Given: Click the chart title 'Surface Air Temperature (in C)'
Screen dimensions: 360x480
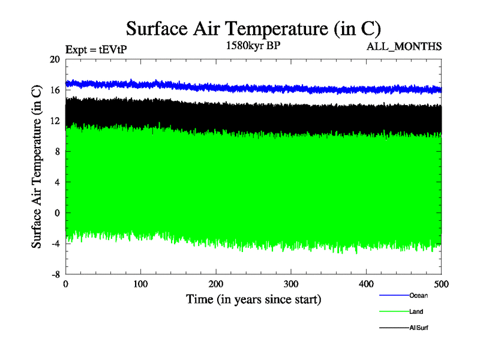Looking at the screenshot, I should pyautogui.click(x=253, y=29).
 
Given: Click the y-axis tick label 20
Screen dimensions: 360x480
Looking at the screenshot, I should pyautogui.click(x=55, y=59).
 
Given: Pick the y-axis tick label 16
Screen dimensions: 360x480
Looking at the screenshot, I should pyautogui.click(x=55, y=90).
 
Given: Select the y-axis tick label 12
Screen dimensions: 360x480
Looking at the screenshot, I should pyautogui.click(x=55, y=121).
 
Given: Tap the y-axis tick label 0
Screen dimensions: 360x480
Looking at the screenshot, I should pyautogui.click(x=58, y=212).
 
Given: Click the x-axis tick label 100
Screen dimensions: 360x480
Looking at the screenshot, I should pyautogui.click(x=140, y=284).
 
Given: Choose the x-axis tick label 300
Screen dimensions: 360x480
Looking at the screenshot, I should pyautogui.click(x=291, y=284).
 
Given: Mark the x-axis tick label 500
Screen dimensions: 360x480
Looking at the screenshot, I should pyautogui.click(x=441, y=284).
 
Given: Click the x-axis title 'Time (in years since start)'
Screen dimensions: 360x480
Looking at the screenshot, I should pyautogui.click(x=253, y=299).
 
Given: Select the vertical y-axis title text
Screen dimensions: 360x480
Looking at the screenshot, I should pyautogui.click(x=37, y=167).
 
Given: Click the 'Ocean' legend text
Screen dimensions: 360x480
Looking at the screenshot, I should pyautogui.click(x=418, y=295).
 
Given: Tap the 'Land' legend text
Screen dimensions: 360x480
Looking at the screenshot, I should pyautogui.click(x=416, y=312).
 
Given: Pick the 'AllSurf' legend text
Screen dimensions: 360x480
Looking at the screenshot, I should pyautogui.click(x=419, y=328).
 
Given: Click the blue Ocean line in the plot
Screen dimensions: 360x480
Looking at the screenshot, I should pyautogui.click(x=240, y=88).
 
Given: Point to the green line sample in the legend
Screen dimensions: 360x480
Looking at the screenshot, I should pyautogui.click(x=393, y=312).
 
